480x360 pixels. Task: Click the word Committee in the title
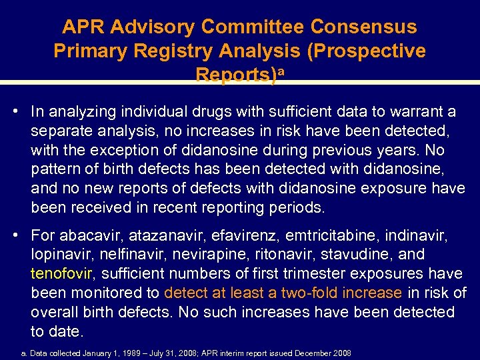(254, 27)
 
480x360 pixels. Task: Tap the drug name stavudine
(361, 255)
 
